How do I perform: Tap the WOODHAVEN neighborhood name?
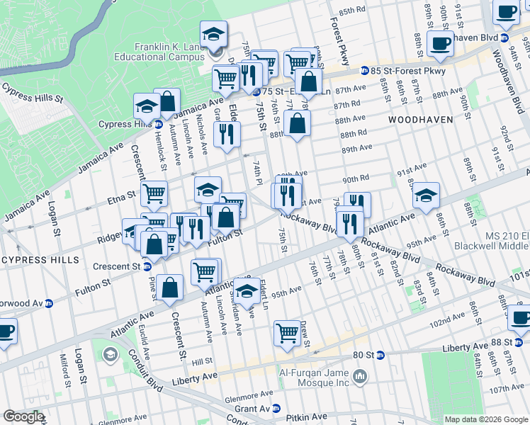(420, 120)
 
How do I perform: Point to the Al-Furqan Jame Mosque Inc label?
(313, 374)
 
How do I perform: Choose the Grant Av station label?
(253, 409)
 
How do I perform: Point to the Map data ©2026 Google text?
(486, 419)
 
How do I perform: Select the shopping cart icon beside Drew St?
(287, 332)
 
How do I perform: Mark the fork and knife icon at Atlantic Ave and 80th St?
(349, 224)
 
